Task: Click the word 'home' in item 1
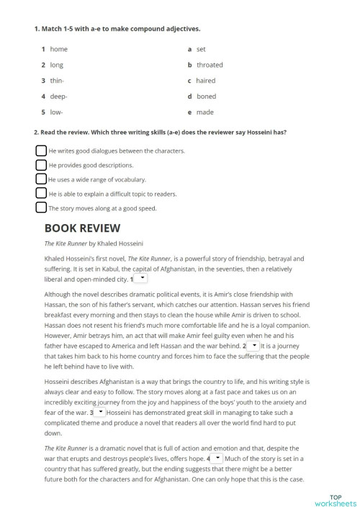[59, 49]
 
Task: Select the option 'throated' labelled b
[210, 65]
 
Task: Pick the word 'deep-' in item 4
[59, 97]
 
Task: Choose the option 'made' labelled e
[204, 112]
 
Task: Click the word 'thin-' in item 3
[58, 81]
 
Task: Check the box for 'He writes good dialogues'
[41, 151]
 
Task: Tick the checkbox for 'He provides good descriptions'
[41, 165]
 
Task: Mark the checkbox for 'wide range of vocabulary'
[41, 179]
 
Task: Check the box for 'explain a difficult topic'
[41, 193]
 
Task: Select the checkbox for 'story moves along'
[41, 207]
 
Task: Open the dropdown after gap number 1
[142, 277]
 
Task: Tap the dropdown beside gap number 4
[217, 457]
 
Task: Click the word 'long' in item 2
[57, 65]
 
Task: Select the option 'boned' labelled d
[206, 97]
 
